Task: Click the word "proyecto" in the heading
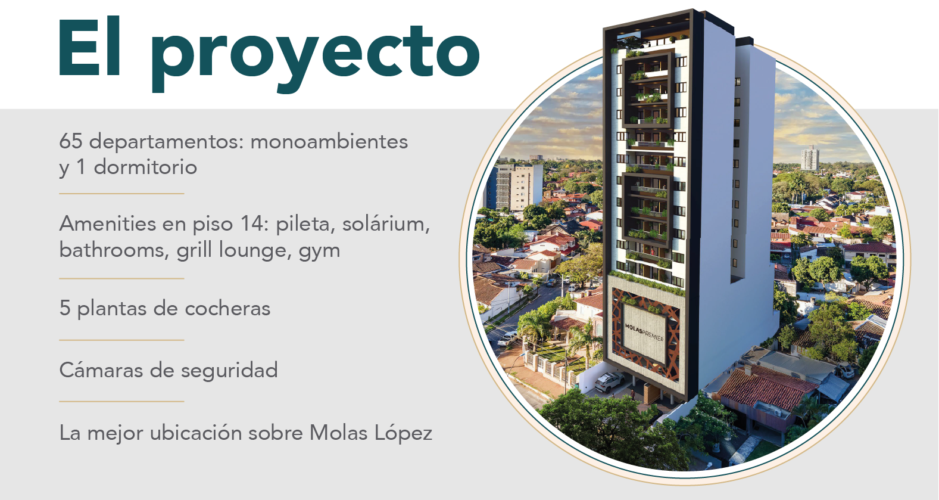pyautogui.click(x=316, y=55)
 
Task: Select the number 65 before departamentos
pyautogui.click(x=71, y=141)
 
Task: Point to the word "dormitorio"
pyautogui.click(x=145, y=167)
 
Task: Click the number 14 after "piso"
pyautogui.click(x=254, y=223)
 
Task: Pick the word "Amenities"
pyautogui.click(x=107, y=223)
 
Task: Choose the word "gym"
pyautogui.click(x=319, y=251)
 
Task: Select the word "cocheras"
pyautogui.click(x=227, y=308)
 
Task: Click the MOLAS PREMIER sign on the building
pyautogui.click(x=644, y=332)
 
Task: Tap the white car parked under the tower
pyautogui.click(x=609, y=381)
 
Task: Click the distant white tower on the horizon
pyautogui.click(x=810, y=158)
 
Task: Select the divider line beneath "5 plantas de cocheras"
pyautogui.click(x=121, y=340)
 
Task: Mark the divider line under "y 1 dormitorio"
pyautogui.click(x=121, y=194)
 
